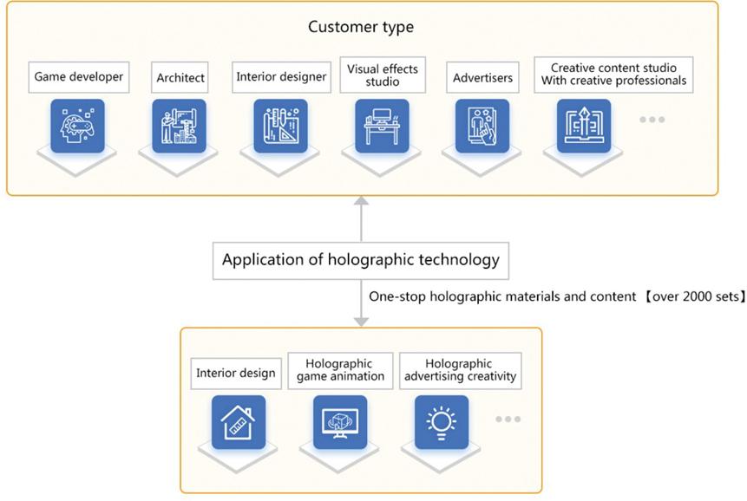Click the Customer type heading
[x=361, y=27]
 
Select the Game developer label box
[x=79, y=76]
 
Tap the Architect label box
[x=180, y=77]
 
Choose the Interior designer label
[x=281, y=76]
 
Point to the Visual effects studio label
[x=383, y=75]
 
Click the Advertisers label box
[x=482, y=77]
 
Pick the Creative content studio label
[x=613, y=75]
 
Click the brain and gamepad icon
[x=77, y=126]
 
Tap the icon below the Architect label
[x=179, y=126]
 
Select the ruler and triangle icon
[x=280, y=126]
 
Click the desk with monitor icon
[x=382, y=126]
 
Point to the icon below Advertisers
[x=482, y=126]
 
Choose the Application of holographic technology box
[x=361, y=259]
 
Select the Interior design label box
[x=236, y=373]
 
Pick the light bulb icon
[x=442, y=422]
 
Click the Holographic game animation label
[x=340, y=370]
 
